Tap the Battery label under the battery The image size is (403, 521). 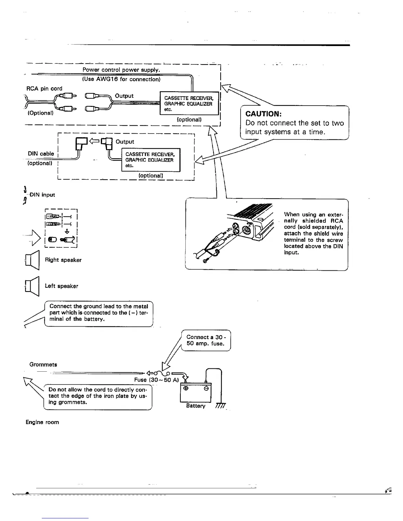click(x=196, y=406)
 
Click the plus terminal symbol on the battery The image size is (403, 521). click(x=186, y=388)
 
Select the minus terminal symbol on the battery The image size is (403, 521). click(x=206, y=388)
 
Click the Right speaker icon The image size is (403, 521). click(x=32, y=260)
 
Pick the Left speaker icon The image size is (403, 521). click(x=32, y=286)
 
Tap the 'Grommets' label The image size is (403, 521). click(x=43, y=364)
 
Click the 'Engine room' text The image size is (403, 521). click(x=42, y=422)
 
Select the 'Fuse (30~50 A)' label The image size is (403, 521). click(x=156, y=380)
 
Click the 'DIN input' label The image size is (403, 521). click(x=42, y=195)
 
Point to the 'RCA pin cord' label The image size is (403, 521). click(x=44, y=88)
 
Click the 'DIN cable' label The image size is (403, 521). click(x=41, y=154)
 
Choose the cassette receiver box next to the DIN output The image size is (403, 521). click(x=151, y=160)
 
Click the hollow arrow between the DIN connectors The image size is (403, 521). click(x=94, y=141)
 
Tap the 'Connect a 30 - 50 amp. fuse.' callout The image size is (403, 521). click(x=205, y=340)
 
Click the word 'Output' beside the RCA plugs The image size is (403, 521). click(x=124, y=96)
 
